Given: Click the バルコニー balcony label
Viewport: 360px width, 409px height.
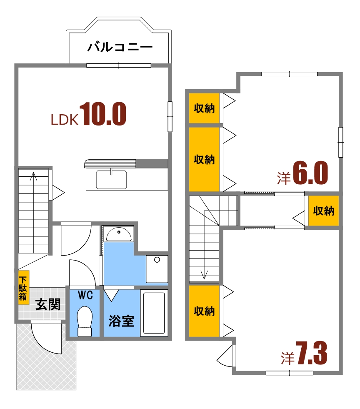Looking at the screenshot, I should pos(120,47).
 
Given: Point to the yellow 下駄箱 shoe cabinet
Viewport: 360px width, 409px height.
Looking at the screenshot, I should pos(23,287).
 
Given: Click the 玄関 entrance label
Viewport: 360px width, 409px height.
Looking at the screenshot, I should pos(47,305).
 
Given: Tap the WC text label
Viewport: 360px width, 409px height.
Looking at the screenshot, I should pos(85,295).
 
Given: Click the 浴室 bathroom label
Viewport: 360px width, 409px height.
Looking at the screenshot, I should pos(121,321).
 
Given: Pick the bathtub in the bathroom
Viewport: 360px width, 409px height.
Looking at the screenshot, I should pos(155,313).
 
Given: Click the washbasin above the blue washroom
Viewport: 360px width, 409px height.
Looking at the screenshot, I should pos(119,234).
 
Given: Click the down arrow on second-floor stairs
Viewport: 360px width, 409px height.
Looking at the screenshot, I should pos(204,273).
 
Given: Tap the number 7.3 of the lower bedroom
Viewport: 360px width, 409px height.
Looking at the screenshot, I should pos(312,354).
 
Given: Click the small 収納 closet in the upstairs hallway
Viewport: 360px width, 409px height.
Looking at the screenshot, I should pos(324,211).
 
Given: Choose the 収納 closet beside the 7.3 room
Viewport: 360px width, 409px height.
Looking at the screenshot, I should pos(204,311).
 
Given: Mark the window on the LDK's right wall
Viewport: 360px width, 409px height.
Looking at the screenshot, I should pos(170,117).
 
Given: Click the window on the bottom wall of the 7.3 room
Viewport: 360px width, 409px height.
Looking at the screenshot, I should pos(289,373).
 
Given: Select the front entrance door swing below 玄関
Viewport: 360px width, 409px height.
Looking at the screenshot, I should pos(46,340).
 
